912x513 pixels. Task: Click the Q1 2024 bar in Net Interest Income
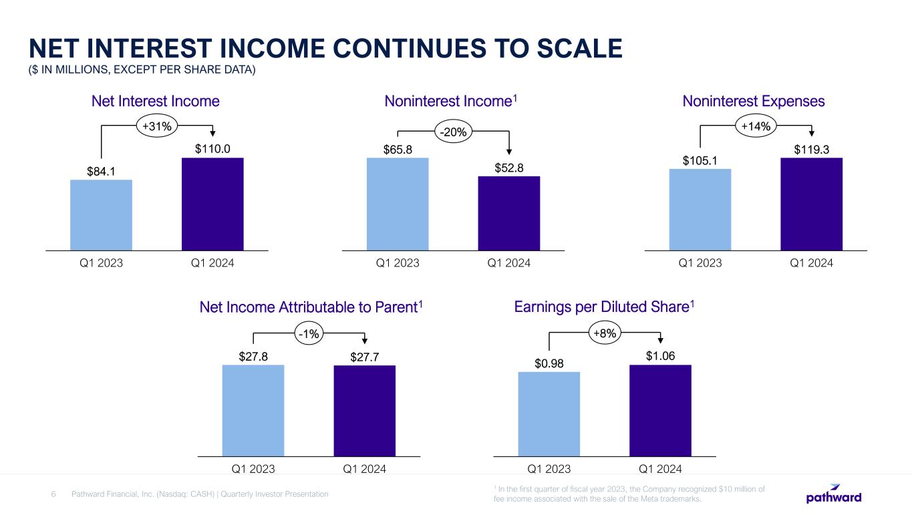[x=212, y=204]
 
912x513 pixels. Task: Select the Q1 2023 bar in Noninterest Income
[x=398, y=204]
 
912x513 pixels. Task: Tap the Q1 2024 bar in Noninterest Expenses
[x=811, y=204]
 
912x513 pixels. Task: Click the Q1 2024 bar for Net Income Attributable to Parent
[x=364, y=410]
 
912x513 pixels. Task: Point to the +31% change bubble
[x=157, y=125]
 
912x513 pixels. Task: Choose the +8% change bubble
[x=605, y=332]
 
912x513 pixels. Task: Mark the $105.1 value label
[x=700, y=160]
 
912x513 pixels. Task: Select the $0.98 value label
[x=549, y=363]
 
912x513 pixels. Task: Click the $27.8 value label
[x=253, y=357]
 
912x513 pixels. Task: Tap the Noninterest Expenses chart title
[x=754, y=101]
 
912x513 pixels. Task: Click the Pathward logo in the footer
[x=834, y=496]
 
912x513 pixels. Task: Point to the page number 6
[x=54, y=494]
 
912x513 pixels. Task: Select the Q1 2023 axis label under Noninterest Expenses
[x=700, y=263]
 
